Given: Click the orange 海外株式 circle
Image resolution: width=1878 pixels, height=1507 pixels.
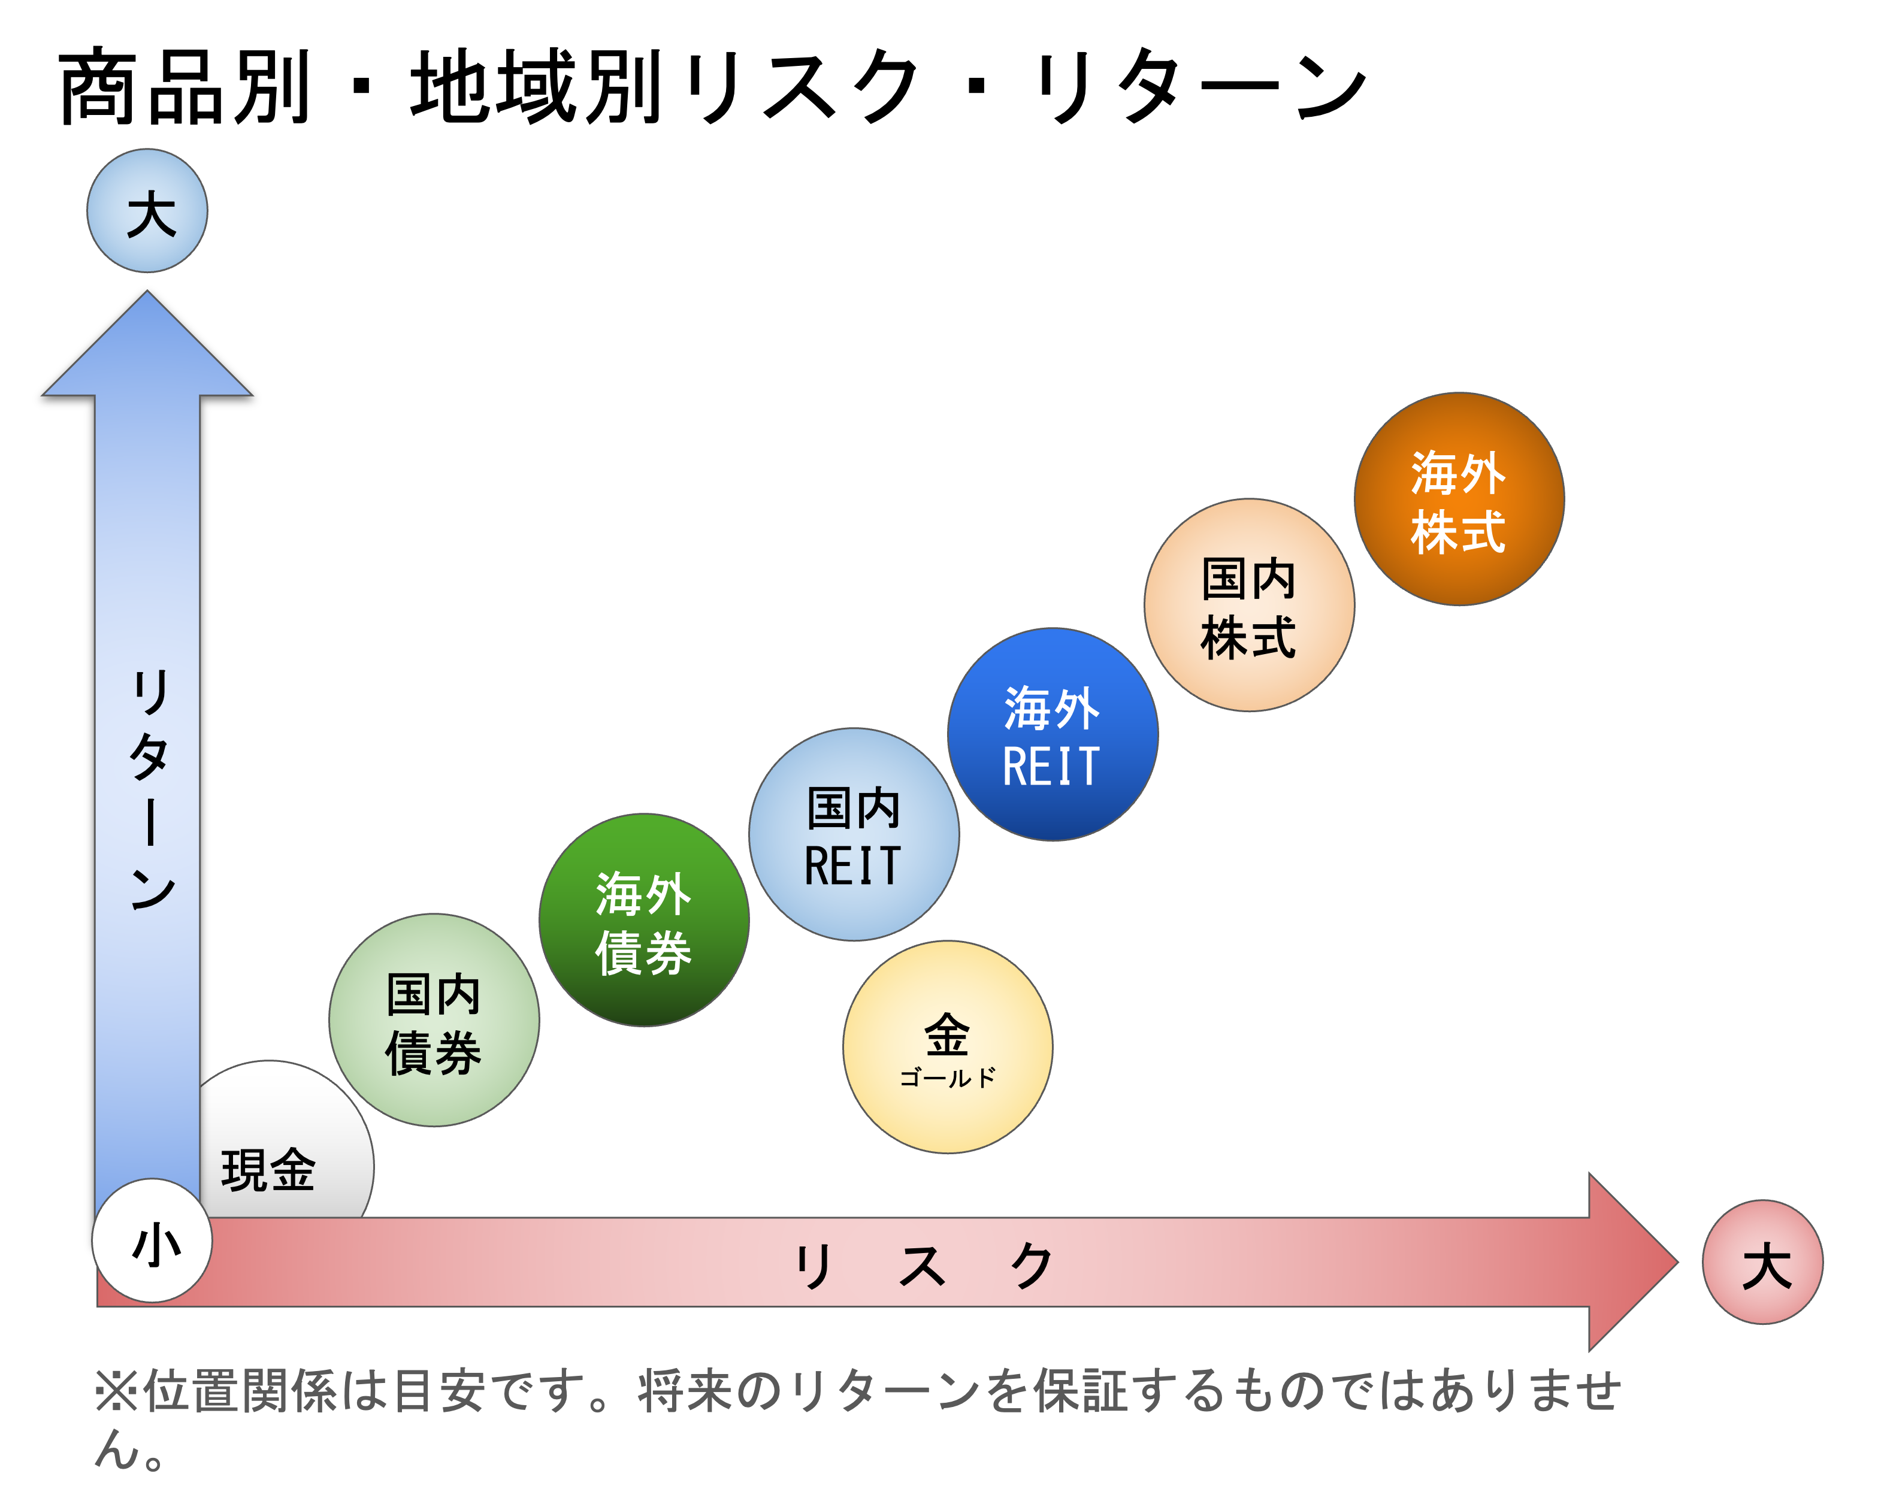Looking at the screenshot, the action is [1459, 499].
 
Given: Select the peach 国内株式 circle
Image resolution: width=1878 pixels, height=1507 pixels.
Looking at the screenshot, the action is [1249, 606].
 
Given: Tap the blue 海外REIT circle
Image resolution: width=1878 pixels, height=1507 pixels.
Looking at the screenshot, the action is [1053, 734].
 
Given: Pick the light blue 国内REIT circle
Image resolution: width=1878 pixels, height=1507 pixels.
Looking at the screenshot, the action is [854, 834].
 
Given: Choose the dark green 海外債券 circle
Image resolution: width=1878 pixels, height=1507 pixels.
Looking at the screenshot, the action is [644, 920].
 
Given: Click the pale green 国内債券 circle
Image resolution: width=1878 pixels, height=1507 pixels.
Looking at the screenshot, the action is [434, 1020].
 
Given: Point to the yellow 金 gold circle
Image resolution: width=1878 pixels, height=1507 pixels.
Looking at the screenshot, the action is [947, 1046].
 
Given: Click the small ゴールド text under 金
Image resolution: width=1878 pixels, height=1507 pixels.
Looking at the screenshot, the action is [947, 1078].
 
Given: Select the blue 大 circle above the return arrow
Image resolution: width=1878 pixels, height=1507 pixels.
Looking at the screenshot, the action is [147, 211].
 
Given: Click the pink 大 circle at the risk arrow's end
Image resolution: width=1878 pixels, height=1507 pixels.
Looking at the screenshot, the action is [1762, 1262].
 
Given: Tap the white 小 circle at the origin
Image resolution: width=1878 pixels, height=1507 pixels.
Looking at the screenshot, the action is [152, 1240].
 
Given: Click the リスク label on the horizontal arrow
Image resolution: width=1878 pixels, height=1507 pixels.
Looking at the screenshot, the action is [923, 1265].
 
